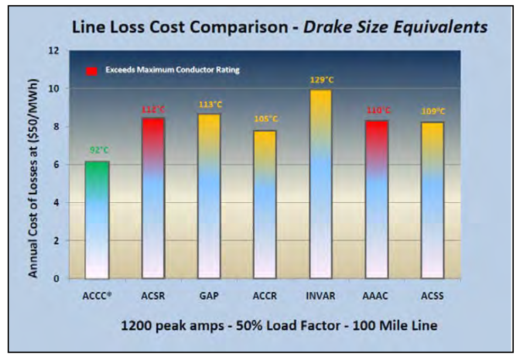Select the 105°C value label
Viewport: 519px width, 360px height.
264,120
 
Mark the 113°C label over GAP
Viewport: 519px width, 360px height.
209,104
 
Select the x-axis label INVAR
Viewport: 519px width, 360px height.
320,297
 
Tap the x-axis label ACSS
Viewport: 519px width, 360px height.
432,297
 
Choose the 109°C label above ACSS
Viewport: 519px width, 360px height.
432,112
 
